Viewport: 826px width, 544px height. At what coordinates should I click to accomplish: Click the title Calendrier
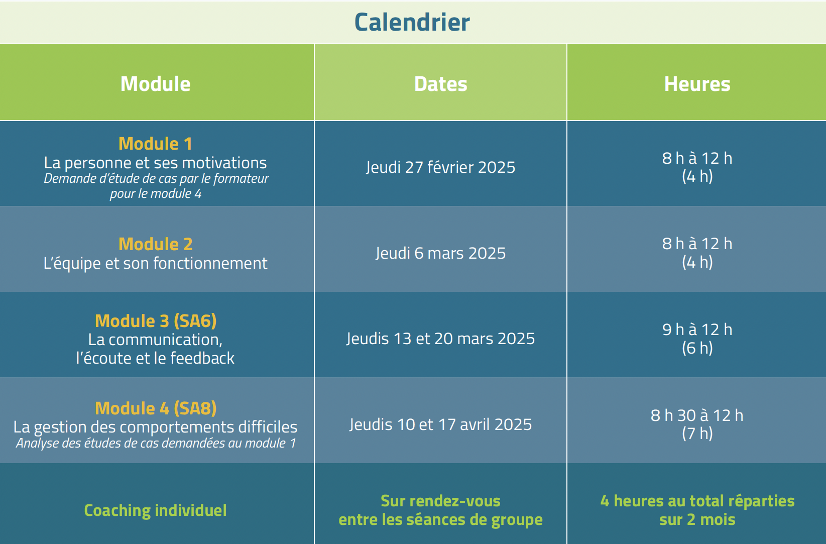tap(412, 22)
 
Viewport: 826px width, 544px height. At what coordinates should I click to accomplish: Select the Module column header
tap(156, 84)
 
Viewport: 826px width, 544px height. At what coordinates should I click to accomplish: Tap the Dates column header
tap(441, 84)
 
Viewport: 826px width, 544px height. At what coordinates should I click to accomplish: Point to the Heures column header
tap(697, 84)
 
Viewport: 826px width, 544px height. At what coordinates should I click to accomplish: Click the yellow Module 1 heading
tap(156, 144)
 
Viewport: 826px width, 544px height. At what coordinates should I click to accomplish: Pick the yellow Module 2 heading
tap(156, 244)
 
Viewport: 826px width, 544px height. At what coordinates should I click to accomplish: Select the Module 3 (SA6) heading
tap(156, 321)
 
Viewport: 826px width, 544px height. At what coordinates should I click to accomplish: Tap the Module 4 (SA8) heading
tap(156, 408)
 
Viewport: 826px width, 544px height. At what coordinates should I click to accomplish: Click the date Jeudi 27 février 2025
tap(441, 167)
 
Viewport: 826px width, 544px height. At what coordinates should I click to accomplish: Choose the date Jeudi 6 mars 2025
tap(441, 253)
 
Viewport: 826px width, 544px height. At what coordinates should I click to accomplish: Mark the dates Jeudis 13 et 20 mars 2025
tap(441, 339)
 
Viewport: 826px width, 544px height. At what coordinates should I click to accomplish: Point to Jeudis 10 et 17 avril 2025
tap(441, 424)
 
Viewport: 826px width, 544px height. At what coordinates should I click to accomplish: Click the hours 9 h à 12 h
tap(697, 330)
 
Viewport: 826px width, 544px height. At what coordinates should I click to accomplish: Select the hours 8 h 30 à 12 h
tap(697, 415)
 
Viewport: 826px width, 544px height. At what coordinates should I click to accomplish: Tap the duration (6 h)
tap(697, 348)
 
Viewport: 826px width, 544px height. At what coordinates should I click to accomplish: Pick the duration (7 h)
tap(697, 433)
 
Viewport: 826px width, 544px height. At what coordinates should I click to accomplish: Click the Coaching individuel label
tap(156, 510)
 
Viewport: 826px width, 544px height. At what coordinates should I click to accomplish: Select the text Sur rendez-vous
tap(441, 501)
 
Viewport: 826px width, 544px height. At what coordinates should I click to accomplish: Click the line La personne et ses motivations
tap(156, 163)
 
